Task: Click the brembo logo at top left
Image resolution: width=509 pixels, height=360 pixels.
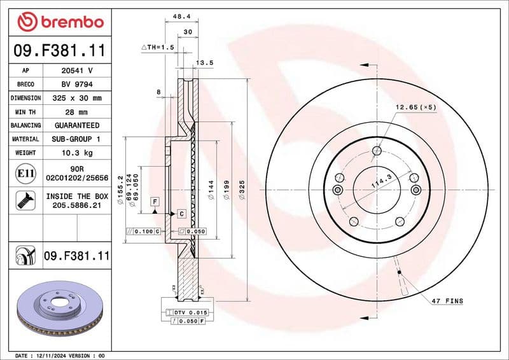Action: [60, 22]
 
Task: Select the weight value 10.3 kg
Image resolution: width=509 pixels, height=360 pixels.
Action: [78, 153]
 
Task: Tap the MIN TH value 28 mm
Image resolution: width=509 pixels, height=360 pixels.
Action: [78, 112]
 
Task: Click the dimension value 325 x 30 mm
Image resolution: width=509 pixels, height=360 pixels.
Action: [78, 98]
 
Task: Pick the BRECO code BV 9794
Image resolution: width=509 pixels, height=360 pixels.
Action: [78, 84]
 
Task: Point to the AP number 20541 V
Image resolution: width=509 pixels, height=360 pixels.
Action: [78, 71]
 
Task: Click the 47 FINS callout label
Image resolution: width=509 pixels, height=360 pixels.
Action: [447, 301]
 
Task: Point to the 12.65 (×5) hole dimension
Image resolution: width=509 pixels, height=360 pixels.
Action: [415, 107]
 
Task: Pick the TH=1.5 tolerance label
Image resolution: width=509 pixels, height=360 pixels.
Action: [157, 47]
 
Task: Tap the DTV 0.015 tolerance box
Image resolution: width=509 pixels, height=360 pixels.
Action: [187, 312]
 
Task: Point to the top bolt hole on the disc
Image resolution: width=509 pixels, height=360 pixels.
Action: [377, 151]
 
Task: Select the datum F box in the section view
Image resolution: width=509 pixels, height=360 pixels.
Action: [155, 202]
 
